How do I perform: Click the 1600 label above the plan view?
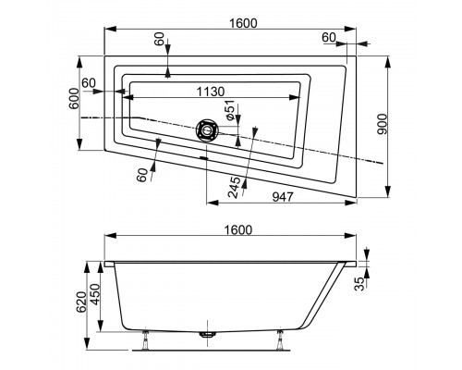243,23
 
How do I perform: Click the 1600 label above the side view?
238,230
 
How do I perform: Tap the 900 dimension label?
382,124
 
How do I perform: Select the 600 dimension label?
74,98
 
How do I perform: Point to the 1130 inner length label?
211,92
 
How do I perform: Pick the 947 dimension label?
283,197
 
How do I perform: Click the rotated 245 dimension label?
234,188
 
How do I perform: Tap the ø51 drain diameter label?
230,110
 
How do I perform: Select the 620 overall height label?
81,302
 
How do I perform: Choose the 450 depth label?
95,294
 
